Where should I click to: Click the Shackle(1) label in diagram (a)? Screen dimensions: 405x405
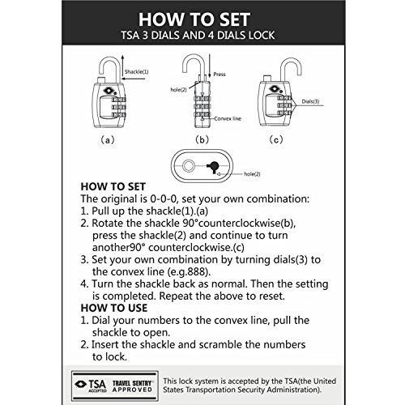[136, 72]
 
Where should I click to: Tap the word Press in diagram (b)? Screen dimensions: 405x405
[220, 75]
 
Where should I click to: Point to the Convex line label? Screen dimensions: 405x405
[228, 118]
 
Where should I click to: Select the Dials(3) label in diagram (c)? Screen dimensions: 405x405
[310, 101]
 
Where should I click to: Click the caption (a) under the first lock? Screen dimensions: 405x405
[108, 140]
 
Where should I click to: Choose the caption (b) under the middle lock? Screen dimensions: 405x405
[202, 139]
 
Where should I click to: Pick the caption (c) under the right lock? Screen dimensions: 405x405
[276, 139]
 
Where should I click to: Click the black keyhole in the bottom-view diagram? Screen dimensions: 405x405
[213, 167]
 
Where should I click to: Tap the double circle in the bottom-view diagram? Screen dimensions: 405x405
[188, 165]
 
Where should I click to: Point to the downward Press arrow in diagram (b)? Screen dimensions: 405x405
[210, 66]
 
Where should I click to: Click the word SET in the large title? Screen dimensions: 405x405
[235, 19]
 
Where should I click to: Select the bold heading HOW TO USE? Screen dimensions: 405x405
[114, 308]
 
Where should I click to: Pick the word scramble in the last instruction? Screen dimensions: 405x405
[220, 345]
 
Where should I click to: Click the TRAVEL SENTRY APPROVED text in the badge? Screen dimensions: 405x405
[132, 386]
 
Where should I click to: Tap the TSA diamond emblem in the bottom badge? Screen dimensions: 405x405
[80, 384]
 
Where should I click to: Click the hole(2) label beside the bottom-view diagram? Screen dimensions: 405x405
[252, 174]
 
